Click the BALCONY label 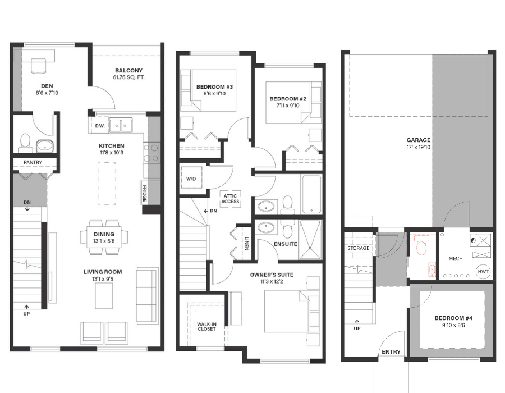click(x=129, y=71)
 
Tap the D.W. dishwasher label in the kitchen click(x=100, y=126)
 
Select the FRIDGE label click(x=145, y=193)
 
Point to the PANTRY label click(x=33, y=162)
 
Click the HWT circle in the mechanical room click(x=483, y=272)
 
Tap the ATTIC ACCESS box click(x=230, y=198)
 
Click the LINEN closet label click(x=247, y=243)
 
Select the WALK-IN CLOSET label click(x=206, y=327)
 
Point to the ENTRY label click(x=391, y=352)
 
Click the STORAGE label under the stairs click(x=358, y=248)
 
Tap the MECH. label click(x=456, y=258)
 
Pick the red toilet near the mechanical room click(x=421, y=245)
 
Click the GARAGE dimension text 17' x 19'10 click(x=419, y=147)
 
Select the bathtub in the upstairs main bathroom click(x=311, y=194)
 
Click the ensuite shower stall click(x=310, y=240)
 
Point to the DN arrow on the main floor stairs click(x=27, y=209)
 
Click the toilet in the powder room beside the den click(x=25, y=143)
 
